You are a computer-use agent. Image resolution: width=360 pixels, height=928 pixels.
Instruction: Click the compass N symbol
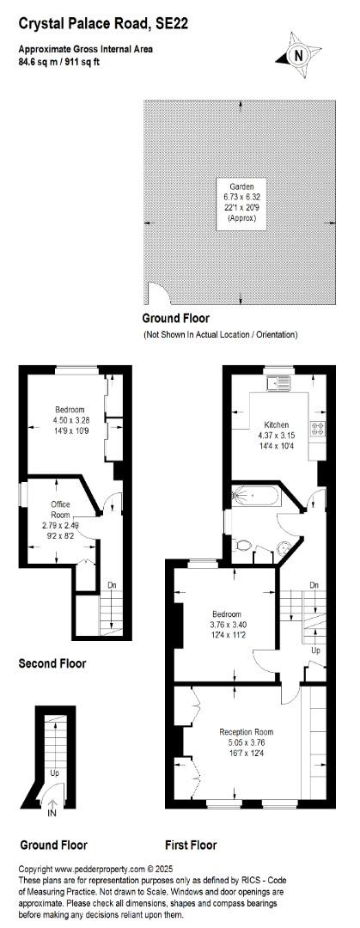pyautogui.click(x=298, y=55)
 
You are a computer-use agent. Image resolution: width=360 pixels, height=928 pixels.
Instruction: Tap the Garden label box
pyautogui.click(x=241, y=204)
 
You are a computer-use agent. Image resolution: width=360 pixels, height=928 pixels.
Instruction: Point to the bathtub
pyautogui.click(x=255, y=496)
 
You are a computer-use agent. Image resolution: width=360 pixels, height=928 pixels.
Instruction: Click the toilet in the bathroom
pyautogui.click(x=241, y=545)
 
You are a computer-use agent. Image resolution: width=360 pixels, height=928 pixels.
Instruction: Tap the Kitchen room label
pyautogui.click(x=277, y=424)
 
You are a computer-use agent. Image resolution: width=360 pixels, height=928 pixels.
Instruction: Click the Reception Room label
pyautogui.click(x=247, y=732)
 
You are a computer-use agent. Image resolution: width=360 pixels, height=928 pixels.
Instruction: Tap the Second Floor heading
pyautogui.click(x=52, y=663)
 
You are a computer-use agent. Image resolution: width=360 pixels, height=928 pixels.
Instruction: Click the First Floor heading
pyautogui.click(x=192, y=845)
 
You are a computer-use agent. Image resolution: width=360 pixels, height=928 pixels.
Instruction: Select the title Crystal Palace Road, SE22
pyautogui.click(x=98, y=24)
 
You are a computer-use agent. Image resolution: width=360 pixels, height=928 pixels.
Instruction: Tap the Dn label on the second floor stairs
pyautogui.click(x=112, y=585)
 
